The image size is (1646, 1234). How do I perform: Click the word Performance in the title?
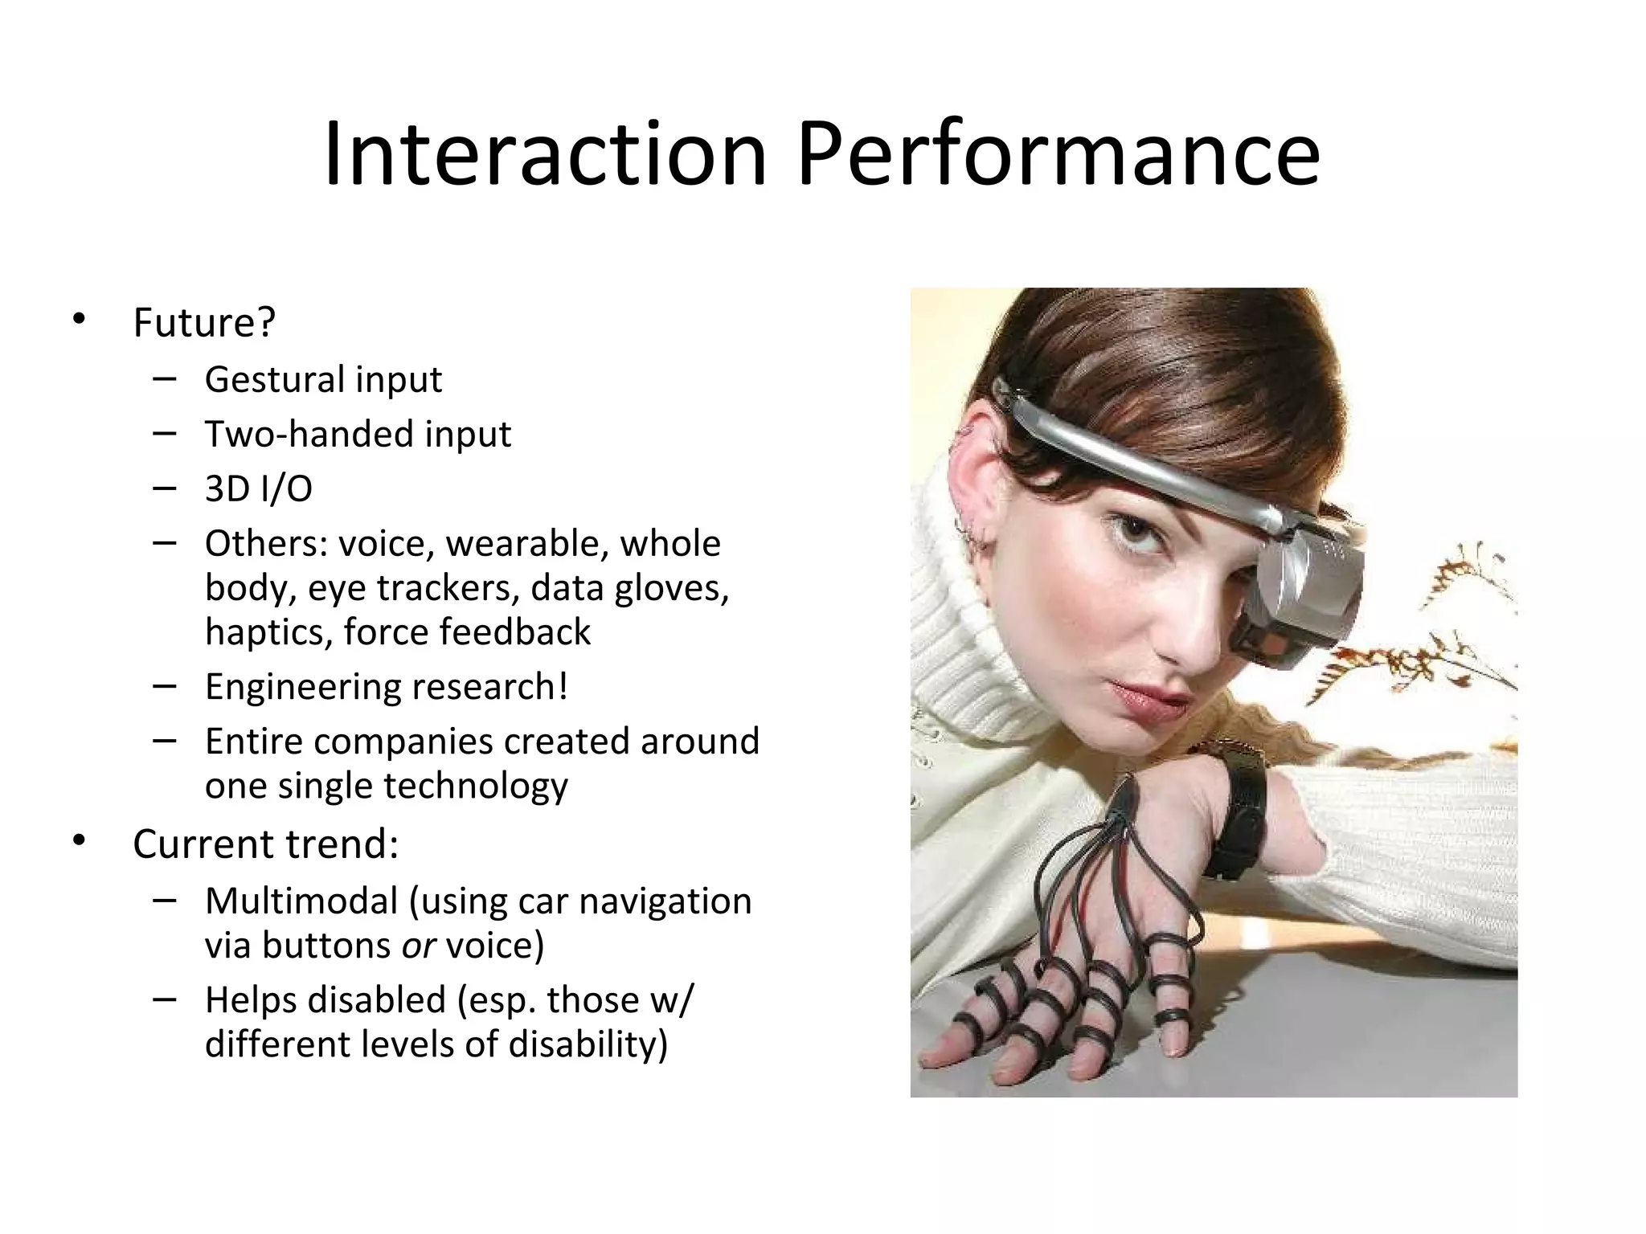coord(1058,154)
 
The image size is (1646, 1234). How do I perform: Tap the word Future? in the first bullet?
coord(204,323)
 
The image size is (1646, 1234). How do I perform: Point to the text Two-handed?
coord(309,435)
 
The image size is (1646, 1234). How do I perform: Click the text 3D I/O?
coord(258,489)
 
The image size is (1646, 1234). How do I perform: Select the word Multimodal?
coord(301,901)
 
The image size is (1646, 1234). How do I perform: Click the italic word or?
coord(418,946)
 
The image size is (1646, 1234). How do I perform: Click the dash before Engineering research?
coord(164,686)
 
